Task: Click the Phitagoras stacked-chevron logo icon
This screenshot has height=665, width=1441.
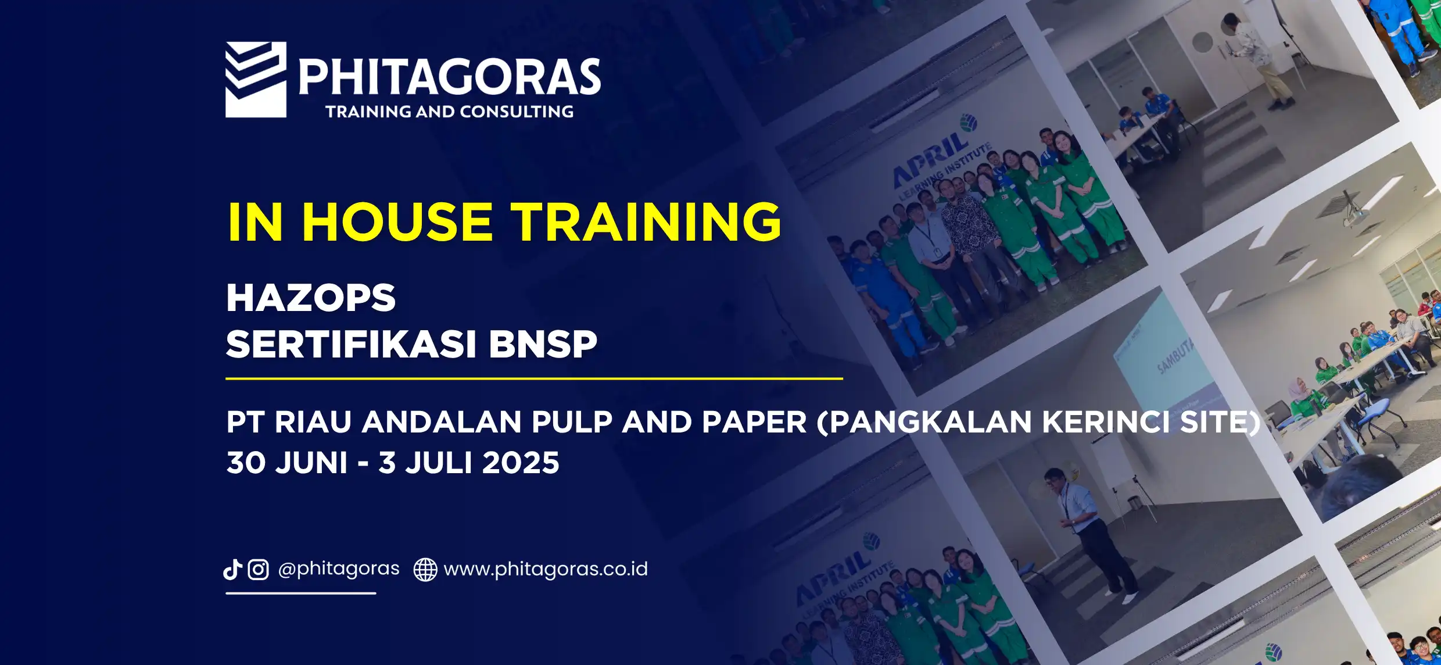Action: [x=256, y=80]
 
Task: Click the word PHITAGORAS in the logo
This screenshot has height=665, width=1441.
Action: [x=450, y=77]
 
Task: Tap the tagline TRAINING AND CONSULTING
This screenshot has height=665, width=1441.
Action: [x=450, y=112]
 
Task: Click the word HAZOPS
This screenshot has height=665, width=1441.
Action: [x=311, y=298]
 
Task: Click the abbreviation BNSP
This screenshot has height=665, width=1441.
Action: [x=543, y=344]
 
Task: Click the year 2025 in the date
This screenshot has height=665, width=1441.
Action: [x=521, y=463]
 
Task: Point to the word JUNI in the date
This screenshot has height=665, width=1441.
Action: [x=311, y=463]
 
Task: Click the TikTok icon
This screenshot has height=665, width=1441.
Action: [x=233, y=569]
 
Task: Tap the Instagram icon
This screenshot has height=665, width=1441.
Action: [x=259, y=570]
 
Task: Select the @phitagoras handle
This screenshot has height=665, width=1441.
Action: [x=339, y=569]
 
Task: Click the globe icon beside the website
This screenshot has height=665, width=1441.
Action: [x=425, y=570]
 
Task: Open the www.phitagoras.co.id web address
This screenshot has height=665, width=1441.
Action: [x=546, y=569]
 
